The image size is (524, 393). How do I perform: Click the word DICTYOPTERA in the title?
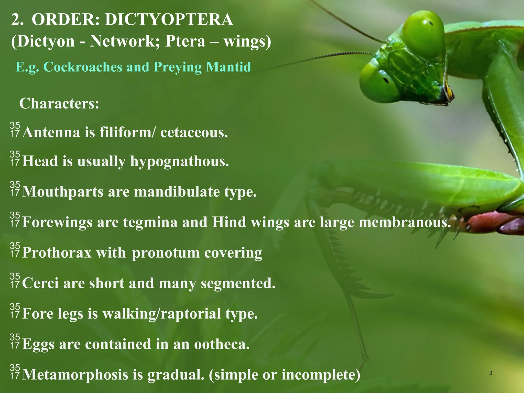[169, 19]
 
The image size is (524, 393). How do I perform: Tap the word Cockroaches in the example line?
[83, 67]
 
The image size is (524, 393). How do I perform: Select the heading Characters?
[59, 104]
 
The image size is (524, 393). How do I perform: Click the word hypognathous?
[180, 162]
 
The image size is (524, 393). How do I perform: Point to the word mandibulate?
[177, 192]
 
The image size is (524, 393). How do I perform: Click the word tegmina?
[150, 222]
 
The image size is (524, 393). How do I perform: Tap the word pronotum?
[166, 253]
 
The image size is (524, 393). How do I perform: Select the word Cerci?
[40, 283]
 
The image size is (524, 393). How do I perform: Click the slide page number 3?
[490, 373]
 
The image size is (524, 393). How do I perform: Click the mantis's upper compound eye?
[423, 33]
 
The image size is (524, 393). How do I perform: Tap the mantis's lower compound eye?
[379, 82]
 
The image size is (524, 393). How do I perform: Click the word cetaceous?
[194, 133]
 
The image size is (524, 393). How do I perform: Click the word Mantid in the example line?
[228, 67]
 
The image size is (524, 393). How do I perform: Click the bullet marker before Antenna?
[15, 129]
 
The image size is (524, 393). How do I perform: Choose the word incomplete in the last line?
[321, 375]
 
